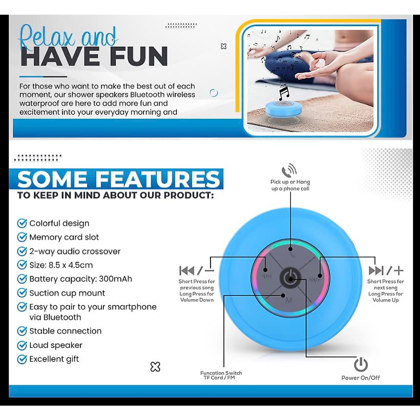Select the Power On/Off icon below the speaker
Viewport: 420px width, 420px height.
pos(360,365)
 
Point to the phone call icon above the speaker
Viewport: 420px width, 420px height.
pos(289,171)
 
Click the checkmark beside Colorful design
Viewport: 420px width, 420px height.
pos(22,223)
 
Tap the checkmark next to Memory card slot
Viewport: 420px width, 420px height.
pos(22,237)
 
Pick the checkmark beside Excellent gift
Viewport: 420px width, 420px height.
pos(22,359)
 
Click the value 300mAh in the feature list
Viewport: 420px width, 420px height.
pos(115,279)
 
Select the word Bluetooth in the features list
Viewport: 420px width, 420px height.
pos(62,317)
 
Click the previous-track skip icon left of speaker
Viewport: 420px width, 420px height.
pos(187,271)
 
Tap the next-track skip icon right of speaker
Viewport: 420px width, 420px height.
pos(376,271)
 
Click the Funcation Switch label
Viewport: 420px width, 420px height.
pos(221,373)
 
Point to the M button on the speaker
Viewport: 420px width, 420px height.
pos(289,300)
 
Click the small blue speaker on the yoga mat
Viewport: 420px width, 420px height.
pos(278,108)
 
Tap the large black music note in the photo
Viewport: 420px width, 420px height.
pos(284,93)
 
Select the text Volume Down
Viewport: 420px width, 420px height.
pos(197,300)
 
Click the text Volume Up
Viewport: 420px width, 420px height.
pos(385,300)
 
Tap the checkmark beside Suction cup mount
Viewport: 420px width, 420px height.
pos(22,293)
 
